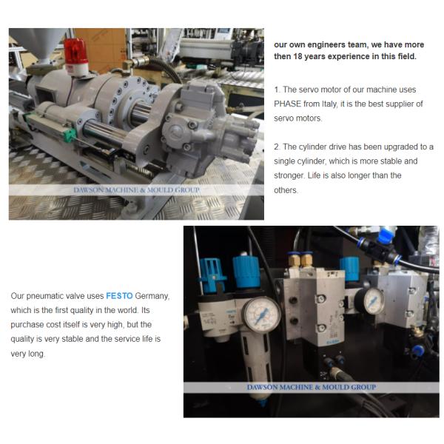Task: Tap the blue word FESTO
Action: (x=119, y=296)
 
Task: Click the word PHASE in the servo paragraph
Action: (x=287, y=104)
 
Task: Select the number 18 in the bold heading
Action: (x=297, y=56)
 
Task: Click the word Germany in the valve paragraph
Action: (x=152, y=296)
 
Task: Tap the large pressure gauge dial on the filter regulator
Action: (x=262, y=314)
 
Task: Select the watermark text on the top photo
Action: (x=136, y=189)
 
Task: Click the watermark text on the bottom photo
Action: (x=312, y=387)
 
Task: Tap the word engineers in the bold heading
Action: (x=323, y=44)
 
